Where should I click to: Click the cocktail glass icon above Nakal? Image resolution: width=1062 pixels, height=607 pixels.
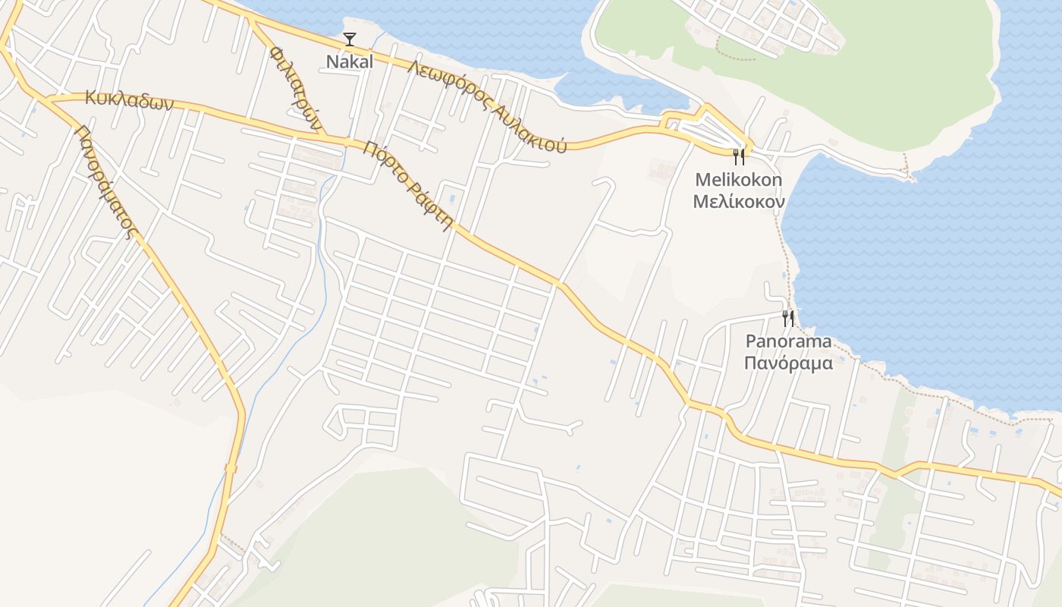click(350, 39)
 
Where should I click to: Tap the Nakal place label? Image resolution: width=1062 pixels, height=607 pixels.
click(350, 62)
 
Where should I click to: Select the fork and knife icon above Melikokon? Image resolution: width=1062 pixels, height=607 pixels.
click(739, 157)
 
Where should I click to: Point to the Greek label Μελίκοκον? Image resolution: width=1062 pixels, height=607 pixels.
click(738, 203)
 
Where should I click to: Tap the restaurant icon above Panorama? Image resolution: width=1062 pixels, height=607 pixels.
click(788, 318)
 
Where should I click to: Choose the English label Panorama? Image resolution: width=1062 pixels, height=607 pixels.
click(788, 341)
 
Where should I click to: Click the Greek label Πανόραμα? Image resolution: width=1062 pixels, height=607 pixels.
click(788, 363)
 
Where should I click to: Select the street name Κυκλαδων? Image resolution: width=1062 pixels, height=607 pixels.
click(130, 100)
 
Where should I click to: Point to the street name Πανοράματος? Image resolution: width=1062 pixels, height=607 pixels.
click(105, 182)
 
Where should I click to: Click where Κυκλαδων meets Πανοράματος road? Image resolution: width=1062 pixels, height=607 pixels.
click(47, 98)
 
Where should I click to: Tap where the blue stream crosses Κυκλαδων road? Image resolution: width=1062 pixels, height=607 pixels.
click(346, 142)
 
